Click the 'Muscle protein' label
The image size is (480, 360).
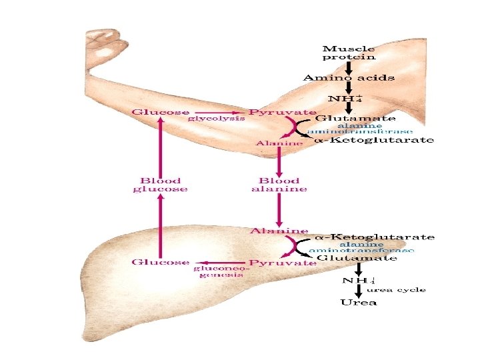pos(348,53)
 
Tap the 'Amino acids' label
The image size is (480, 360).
pos(349,78)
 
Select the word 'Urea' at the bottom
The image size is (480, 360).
pos(358,302)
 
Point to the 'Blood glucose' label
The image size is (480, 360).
pos(159,185)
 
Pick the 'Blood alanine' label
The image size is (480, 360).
pos(279,185)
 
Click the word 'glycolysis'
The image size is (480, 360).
pos(215,119)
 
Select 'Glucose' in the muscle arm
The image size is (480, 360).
pos(161,112)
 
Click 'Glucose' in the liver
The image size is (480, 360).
pos(160,262)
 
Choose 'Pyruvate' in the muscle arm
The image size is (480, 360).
pos(283,112)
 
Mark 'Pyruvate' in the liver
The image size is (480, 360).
pos(283,263)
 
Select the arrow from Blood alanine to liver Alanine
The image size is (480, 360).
pos(279,209)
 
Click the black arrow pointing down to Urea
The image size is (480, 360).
pos(359,290)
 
